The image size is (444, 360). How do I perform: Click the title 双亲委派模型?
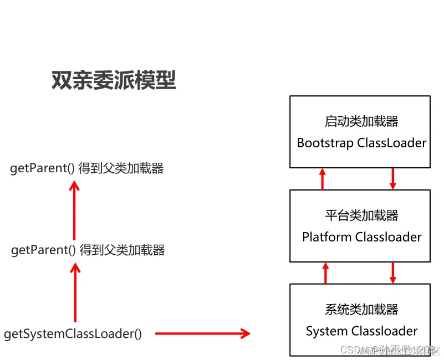pos(114,81)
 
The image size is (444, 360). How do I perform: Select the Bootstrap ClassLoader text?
pos(361,143)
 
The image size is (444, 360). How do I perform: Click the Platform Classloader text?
pos(361,237)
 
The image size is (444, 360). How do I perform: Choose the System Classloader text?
pos(361,331)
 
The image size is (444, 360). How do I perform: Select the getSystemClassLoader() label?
pos(73,334)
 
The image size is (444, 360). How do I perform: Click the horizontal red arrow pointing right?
pos(202,333)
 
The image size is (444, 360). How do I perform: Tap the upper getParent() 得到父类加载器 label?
pos(87,168)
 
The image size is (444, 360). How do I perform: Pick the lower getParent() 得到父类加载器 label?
pos(88,250)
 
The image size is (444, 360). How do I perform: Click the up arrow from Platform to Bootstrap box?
pos(323,179)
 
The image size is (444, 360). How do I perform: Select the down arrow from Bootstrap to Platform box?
pos(393,179)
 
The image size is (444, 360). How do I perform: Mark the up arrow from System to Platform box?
pos(325,273)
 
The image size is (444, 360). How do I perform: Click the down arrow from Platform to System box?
pos(393,273)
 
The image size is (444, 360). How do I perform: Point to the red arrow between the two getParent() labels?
pos(74,210)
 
